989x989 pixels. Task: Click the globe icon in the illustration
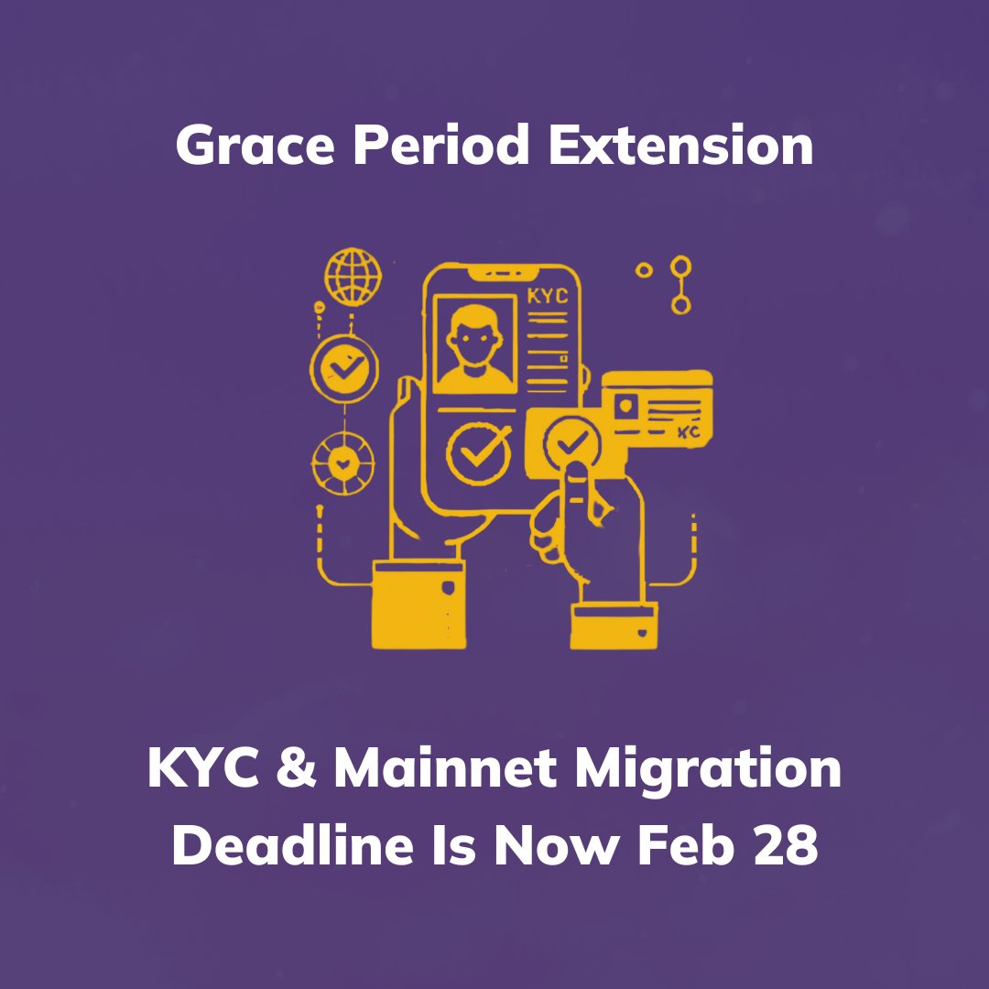point(352,277)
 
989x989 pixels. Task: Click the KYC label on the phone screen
point(548,297)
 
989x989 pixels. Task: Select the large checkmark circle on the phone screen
point(479,450)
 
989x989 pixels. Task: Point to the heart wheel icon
point(343,464)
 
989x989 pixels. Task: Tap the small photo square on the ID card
point(628,406)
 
